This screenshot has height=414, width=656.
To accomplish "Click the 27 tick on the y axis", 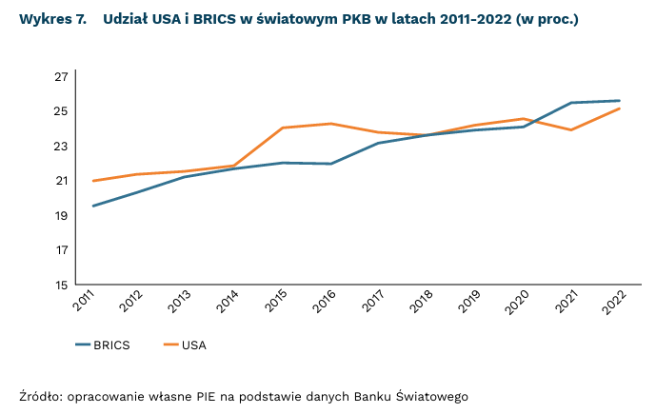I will point(61,76).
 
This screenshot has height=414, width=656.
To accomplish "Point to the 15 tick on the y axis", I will point(61,285).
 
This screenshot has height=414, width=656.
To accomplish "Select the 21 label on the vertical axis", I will point(61,181).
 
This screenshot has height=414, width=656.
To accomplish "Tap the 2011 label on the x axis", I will point(86,303).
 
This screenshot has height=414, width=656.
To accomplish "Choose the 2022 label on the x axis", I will point(613,303).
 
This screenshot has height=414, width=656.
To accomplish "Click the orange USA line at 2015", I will point(284,128).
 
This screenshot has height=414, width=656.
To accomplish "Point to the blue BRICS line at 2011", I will point(92,206).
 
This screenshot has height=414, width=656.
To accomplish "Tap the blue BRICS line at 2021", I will point(571,103).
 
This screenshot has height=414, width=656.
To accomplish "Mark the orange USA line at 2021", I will point(571,129).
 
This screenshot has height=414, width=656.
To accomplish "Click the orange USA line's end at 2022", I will point(620,108).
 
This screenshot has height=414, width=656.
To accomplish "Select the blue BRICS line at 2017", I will point(380,143).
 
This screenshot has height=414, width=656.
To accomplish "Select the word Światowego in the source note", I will point(428,395).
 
